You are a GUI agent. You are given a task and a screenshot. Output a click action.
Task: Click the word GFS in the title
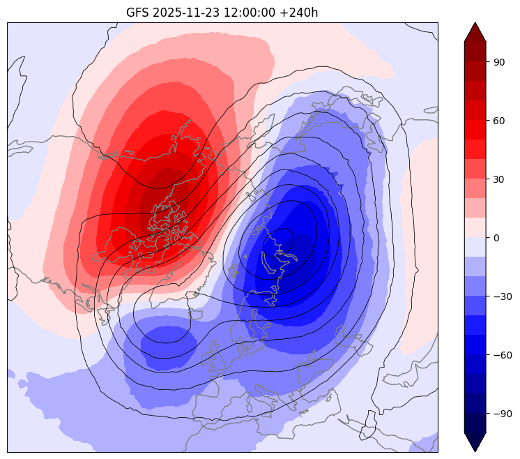tap(137, 13)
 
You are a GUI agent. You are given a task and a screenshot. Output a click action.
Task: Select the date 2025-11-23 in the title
tap(185, 13)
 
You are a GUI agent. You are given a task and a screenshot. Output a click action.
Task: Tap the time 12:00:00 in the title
tap(250, 13)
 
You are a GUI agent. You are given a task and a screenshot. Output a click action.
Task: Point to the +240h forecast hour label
tap(298, 13)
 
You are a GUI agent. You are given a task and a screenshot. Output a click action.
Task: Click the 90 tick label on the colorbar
tap(499, 62)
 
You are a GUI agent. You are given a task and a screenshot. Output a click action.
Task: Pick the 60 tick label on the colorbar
tap(499, 121)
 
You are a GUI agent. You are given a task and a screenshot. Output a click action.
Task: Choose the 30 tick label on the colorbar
tap(499, 179)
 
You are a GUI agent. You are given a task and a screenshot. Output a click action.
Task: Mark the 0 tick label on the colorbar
tap(496, 238)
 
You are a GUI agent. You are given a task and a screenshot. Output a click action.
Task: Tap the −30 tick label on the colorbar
tap(503, 296)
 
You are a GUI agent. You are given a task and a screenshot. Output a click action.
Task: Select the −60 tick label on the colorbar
tap(503, 355)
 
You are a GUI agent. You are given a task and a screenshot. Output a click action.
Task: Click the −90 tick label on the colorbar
tap(503, 414)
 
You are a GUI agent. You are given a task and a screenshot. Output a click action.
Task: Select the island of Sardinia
tap(248, 405)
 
